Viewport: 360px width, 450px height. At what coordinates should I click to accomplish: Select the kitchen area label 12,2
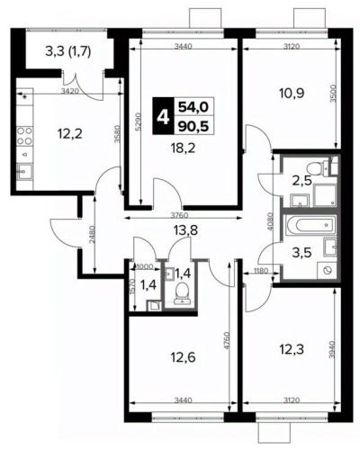pos(71,133)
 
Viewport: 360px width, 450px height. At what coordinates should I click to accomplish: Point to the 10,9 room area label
pos(292,94)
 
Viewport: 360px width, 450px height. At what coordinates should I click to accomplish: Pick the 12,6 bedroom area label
pos(183,357)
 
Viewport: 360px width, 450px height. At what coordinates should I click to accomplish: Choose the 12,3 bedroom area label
pos(292,349)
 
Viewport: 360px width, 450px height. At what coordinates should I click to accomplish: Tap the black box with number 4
pos(163,115)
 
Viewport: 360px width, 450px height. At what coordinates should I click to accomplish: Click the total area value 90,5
pos(193,126)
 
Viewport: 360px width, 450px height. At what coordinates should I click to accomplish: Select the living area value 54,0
pos(193,106)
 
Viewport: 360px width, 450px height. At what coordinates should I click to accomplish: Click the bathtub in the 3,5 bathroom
pos(310,224)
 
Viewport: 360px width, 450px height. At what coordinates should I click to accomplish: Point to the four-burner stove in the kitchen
pos(24,136)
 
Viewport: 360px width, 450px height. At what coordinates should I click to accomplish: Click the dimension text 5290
pos(137,121)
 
